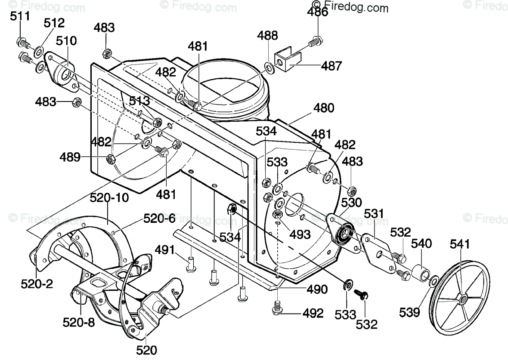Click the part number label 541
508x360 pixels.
tap(469, 244)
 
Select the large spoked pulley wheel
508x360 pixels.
tap(460, 297)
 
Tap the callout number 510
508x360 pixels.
tap(66, 41)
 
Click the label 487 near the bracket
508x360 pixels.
tap(331, 66)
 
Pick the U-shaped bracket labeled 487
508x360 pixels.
tap(288, 59)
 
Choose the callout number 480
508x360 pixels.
tap(324, 108)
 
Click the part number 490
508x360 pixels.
tap(317, 289)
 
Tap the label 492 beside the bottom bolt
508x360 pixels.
tap(313, 313)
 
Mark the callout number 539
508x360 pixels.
tap(409, 312)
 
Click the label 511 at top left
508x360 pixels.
tap(20, 16)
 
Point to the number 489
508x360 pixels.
tap(70, 157)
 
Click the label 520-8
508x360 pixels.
tap(79, 322)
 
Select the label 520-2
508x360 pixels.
tap(37, 284)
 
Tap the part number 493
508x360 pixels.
tap(300, 234)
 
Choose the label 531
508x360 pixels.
tap(374, 214)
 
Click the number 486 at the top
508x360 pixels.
tap(318, 12)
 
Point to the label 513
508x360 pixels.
tap(139, 101)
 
